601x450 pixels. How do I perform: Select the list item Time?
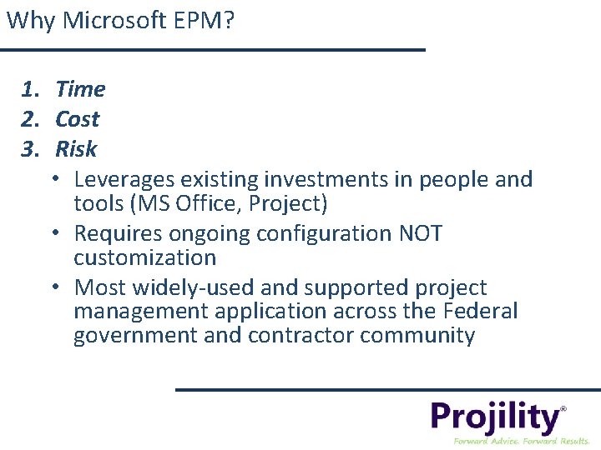coord(80,89)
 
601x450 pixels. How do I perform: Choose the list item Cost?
coord(77,119)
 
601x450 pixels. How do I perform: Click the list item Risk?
coord(76,149)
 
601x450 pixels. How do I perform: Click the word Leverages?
coord(123,180)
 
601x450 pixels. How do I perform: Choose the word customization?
coord(144,257)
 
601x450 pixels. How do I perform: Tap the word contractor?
coord(301,336)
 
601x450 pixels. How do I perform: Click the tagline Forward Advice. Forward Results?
coord(521,440)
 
